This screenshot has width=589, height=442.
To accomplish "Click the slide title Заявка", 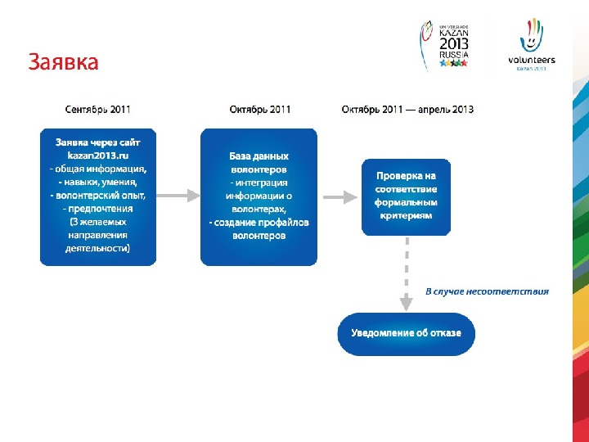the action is pyautogui.click(x=63, y=62).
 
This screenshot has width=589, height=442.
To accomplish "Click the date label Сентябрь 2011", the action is pyautogui.click(x=97, y=109).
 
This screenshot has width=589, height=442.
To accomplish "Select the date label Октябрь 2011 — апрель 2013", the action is pyautogui.click(x=407, y=109).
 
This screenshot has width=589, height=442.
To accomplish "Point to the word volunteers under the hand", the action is pyautogui.click(x=532, y=60).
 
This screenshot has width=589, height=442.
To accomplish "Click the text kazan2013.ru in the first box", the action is pyautogui.click(x=98, y=155).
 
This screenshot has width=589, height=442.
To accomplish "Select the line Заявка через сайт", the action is pyautogui.click(x=98, y=142).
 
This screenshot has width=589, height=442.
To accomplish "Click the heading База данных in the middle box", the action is pyautogui.click(x=259, y=156).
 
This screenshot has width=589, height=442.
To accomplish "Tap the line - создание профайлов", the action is pyautogui.click(x=259, y=223).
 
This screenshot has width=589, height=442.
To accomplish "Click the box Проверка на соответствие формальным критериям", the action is pyautogui.click(x=407, y=196).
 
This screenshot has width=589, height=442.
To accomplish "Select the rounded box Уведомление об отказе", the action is pyautogui.click(x=407, y=333).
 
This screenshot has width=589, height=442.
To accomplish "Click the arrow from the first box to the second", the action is pyautogui.click(x=178, y=196).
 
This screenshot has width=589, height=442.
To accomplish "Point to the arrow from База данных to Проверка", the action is pyautogui.click(x=339, y=196).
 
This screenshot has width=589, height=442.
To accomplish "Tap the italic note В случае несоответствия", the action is pyautogui.click(x=487, y=291).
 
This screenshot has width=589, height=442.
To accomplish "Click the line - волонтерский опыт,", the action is pyautogui.click(x=98, y=195).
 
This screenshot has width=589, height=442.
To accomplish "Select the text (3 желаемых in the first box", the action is pyautogui.click(x=98, y=221).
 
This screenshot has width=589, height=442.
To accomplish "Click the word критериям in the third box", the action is pyautogui.click(x=407, y=215).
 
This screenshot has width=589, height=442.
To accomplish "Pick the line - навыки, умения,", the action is pyautogui.click(x=98, y=182).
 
